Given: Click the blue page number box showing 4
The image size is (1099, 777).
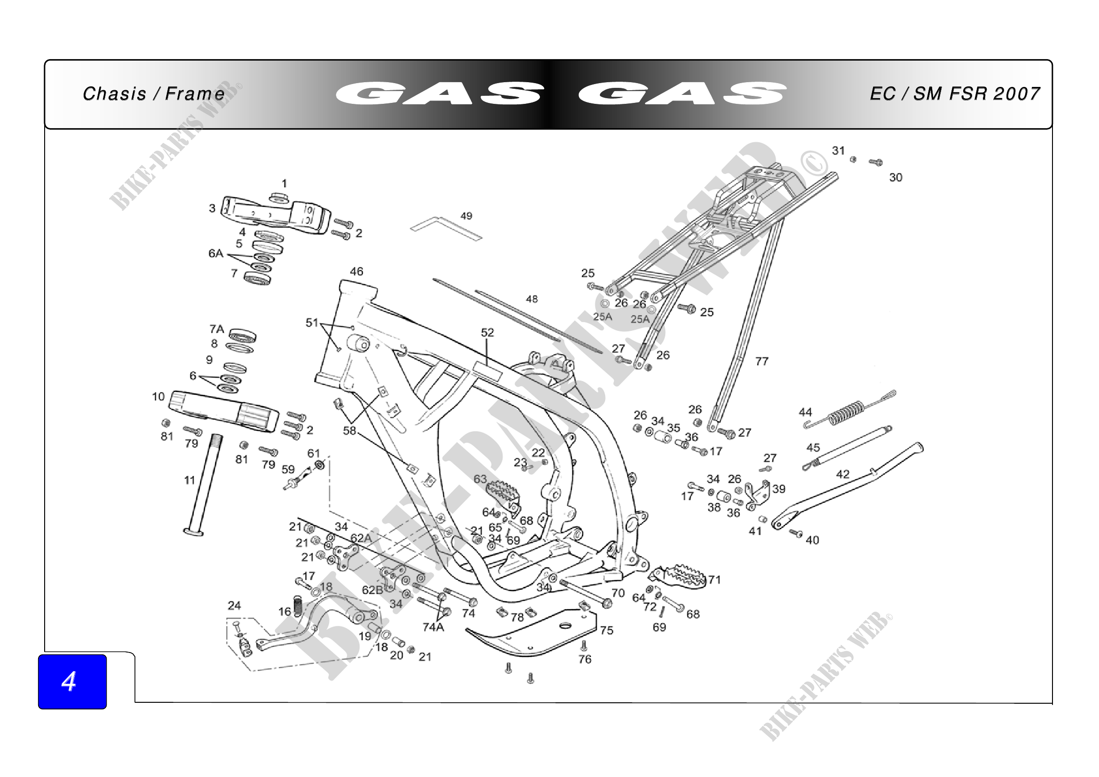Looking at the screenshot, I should click(72, 681).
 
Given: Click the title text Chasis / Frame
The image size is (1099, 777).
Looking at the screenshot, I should click(154, 94).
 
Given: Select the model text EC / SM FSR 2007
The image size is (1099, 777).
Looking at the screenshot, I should click(954, 94).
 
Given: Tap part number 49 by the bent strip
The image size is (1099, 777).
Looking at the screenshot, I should click(466, 216).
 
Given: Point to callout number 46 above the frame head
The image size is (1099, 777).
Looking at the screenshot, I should click(357, 272).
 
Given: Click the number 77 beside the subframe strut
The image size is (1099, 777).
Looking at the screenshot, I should click(762, 361).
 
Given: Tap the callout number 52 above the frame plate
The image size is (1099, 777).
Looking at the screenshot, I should click(487, 333).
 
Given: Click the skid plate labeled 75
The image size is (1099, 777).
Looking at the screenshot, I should click(531, 634).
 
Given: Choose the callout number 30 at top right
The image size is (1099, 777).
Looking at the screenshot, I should click(896, 178).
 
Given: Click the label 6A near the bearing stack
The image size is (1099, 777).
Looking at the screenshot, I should click(216, 253).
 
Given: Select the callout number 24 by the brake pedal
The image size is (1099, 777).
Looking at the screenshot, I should click(234, 606).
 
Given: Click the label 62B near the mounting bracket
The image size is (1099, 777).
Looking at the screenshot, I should click(373, 590).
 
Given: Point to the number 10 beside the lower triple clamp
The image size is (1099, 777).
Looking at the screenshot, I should click(158, 396).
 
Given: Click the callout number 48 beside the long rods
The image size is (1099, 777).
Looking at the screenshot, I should click(532, 300).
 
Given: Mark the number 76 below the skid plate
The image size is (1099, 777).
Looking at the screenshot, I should click(585, 659).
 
